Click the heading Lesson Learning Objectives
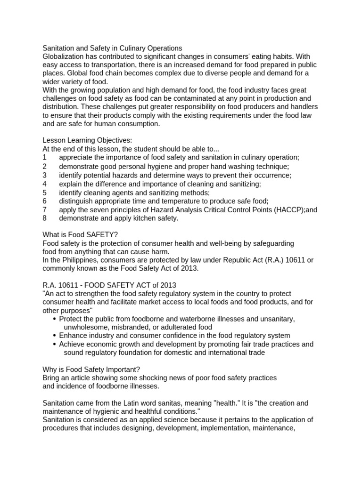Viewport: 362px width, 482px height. (88, 140)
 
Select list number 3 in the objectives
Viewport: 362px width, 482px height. (44, 175)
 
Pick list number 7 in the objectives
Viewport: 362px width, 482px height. (44, 210)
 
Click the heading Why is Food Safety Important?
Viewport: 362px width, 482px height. (91, 369)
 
